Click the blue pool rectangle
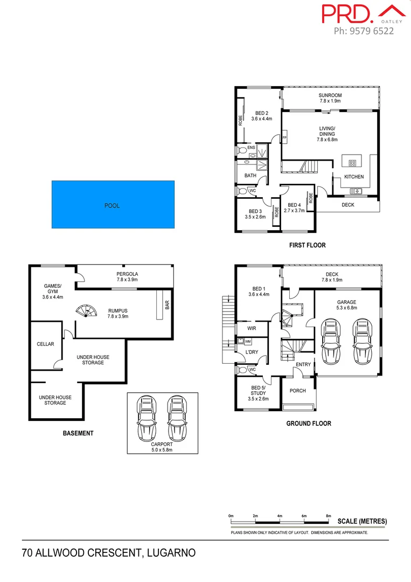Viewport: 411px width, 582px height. tap(113, 204)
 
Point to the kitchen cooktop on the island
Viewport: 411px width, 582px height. tap(353, 163)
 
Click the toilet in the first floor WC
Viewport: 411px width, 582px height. tap(241, 191)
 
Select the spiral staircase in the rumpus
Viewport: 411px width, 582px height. tap(86, 312)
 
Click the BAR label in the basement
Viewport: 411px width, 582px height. tap(167, 305)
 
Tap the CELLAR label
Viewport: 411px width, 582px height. tap(45, 344)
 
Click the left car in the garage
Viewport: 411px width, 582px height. tap(330, 341)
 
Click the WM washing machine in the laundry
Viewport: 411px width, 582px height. tap(248, 342)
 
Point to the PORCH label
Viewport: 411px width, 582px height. tap(298, 391)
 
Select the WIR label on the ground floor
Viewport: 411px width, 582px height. tap(251, 328)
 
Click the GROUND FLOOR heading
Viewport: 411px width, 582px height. tap(308, 424)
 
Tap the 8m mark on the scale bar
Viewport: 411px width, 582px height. tap(329, 517)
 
